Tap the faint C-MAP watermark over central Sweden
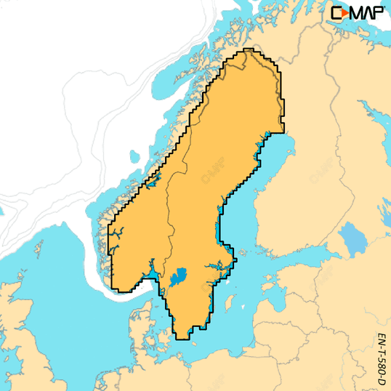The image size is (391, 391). (211, 172)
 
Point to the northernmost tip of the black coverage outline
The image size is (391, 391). (249, 49)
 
